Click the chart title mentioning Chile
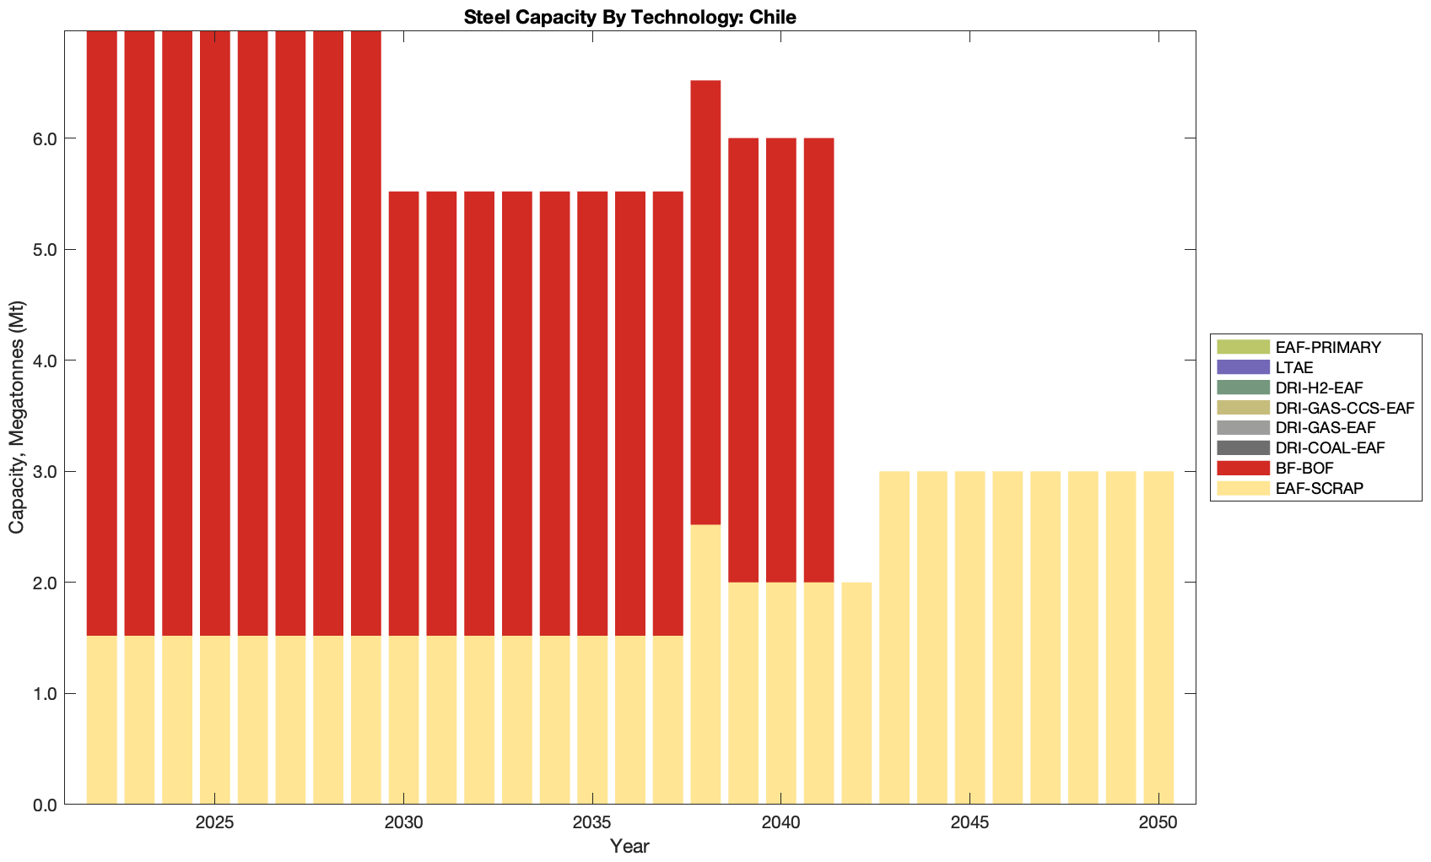pos(629,16)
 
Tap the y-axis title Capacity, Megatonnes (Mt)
pos(17,417)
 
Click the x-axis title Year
pos(629,846)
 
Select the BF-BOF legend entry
pos(1304,468)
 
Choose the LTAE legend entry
pos(1294,367)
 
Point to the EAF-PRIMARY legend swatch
pos(1242,347)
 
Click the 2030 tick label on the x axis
pos(403,822)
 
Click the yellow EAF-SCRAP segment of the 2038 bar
pos(705,664)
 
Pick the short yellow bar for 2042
pos(856,693)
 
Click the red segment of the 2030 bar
pos(403,414)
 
